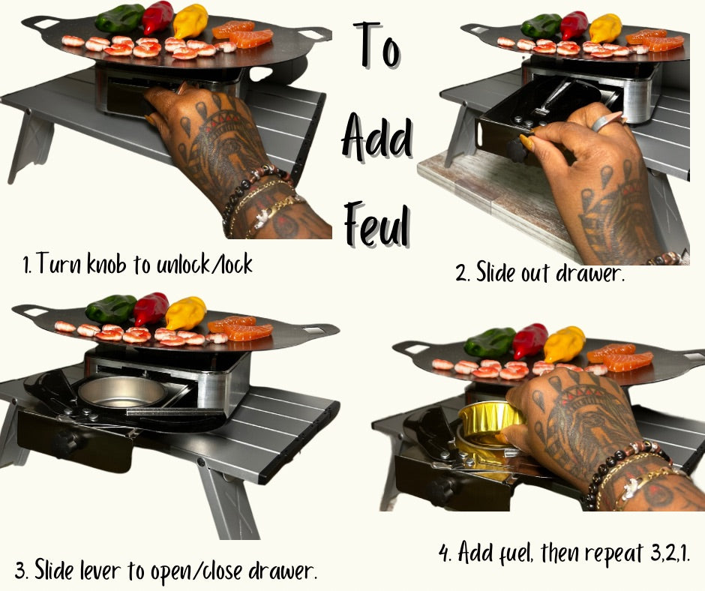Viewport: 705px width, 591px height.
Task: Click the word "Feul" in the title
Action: (376, 223)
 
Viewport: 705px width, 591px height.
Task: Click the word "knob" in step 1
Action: (106, 263)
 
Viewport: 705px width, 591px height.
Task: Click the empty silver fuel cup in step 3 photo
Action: (122, 392)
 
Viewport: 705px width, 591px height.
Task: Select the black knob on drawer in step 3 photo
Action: (66, 442)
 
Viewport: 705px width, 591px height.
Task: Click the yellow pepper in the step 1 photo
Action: (190, 20)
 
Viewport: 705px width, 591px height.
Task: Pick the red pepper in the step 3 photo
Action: (151, 307)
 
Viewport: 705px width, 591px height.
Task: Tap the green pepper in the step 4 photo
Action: (490, 342)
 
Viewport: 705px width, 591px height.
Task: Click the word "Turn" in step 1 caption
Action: (58, 263)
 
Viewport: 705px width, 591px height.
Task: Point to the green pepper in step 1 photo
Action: (119, 18)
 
